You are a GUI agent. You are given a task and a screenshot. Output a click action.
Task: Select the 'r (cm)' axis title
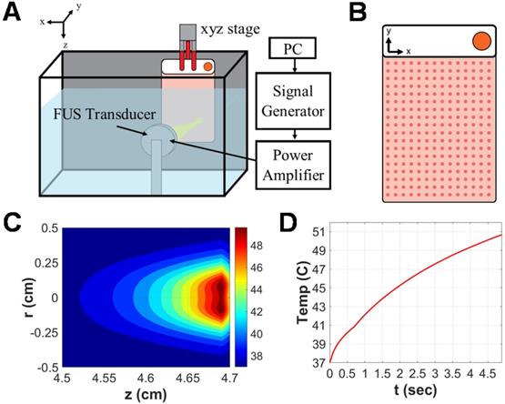12,297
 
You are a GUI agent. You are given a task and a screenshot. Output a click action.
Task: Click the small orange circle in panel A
208,66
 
